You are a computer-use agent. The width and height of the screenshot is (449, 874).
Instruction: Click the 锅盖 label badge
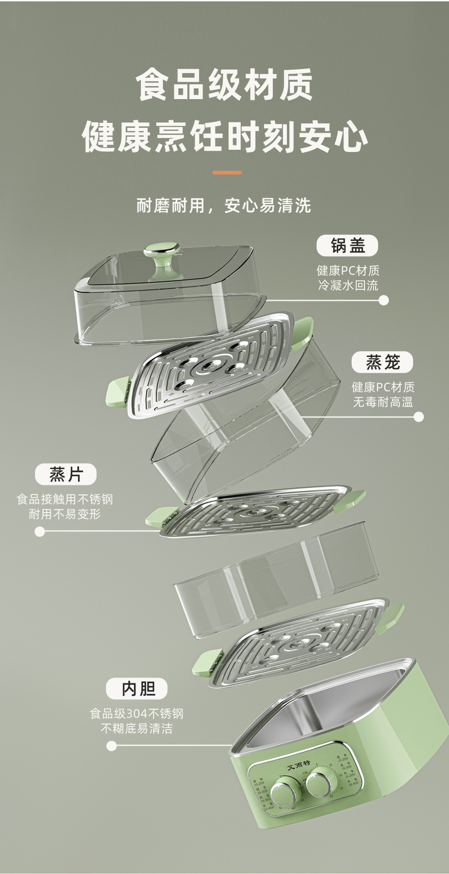tap(347, 246)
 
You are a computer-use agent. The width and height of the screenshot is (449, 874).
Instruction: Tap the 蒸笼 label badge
tap(382, 362)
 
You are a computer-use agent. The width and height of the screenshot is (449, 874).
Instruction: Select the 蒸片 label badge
tap(66, 474)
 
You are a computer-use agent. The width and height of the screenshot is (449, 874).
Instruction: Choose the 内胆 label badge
tap(137, 689)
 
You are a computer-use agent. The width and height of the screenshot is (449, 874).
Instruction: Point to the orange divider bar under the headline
tap(227, 173)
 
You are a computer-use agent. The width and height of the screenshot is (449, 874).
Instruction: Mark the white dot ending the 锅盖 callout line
tap(384, 300)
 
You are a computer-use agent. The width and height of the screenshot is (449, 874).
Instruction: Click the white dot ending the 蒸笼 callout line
tap(418, 417)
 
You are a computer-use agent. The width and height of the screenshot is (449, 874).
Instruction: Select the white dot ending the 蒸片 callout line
tap(40, 531)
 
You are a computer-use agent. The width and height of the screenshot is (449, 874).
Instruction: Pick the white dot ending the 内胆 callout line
tap(111, 746)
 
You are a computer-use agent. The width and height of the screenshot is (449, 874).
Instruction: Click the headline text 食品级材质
tap(224, 85)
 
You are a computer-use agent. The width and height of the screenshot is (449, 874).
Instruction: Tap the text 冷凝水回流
tap(348, 285)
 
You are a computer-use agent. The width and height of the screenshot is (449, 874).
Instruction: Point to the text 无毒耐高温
tap(382, 402)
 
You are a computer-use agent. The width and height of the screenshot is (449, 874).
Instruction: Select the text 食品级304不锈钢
tap(136, 713)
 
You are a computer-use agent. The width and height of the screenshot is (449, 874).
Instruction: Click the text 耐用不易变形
tap(65, 514)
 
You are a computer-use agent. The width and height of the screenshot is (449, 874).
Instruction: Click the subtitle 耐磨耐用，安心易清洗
tap(224, 205)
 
